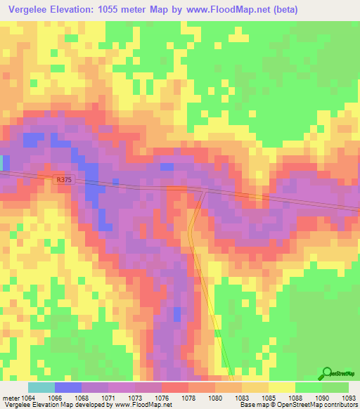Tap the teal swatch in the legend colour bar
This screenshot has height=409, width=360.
[x=41, y=387]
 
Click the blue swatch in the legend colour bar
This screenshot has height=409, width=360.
[x=67, y=387]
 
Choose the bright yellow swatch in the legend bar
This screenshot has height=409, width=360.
[x=281, y=387]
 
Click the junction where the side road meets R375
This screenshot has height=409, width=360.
[x=205, y=190]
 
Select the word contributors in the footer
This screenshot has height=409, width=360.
[x=338, y=404]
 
